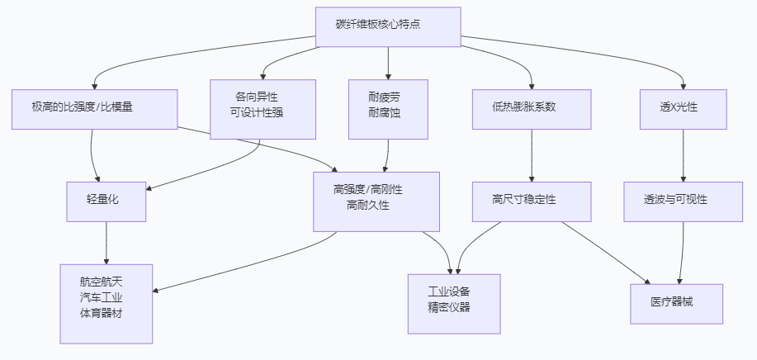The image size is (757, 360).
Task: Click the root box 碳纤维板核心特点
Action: pyautogui.click(x=388, y=24)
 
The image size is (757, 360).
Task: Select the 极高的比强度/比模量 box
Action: pyautogui.click(x=94, y=108)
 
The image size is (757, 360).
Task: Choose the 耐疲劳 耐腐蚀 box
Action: pyautogui.click(x=387, y=109)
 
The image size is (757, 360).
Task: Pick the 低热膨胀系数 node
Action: pyautogui.click(x=531, y=108)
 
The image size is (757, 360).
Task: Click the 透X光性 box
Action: pyautogui.click(x=683, y=108)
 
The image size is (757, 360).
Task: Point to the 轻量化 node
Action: pyautogui.click(x=106, y=201)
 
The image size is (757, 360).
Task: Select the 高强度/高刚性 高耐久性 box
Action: pyautogui.click(x=376, y=201)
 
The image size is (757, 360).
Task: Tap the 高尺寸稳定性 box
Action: pyautogui.click(x=531, y=201)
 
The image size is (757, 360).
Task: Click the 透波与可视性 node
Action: pyautogui.click(x=683, y=201)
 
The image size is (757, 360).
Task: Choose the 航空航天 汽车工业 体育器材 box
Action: pyautogui.click(x=106, y=303)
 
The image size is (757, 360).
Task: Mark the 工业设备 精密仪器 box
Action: pyautogui.click(x=454, y=303)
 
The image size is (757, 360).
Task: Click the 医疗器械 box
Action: pyautogui.click(x=676, y=303)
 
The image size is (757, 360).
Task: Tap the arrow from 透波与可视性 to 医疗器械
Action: pyautogui.click(x=681, y=252)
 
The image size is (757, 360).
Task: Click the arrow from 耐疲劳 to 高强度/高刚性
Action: pyautogui.click(x=387, y=155)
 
